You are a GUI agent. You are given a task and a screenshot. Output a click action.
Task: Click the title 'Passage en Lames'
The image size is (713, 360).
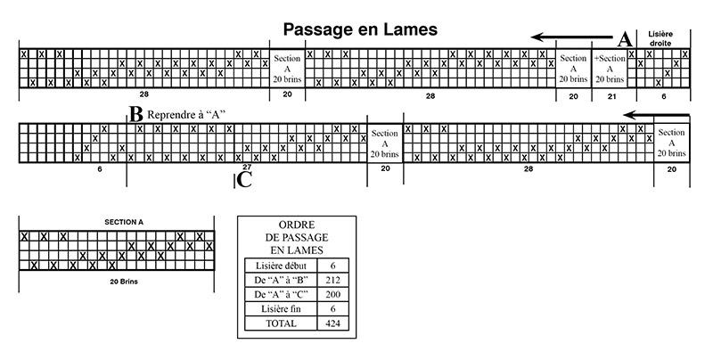pos(360,29)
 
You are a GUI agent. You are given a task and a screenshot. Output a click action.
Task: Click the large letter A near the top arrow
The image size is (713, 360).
pos(626,39)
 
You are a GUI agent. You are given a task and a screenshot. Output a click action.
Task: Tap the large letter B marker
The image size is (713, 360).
pos(136,115)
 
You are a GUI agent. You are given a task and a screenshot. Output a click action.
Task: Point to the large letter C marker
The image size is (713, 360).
pos(244,180)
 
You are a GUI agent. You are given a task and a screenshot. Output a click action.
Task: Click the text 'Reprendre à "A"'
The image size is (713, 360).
pos(186,115)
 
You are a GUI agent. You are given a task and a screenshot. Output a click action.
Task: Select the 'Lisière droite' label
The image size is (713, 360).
pos(660,38)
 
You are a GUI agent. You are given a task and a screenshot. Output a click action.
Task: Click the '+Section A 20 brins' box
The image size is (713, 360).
pos(610,69)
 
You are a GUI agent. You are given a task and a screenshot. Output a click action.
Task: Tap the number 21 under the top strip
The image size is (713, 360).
pos(611,96)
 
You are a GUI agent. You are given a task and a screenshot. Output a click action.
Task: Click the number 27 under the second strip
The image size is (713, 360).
pos(247,167)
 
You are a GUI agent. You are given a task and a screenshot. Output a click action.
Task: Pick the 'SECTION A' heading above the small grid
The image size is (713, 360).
pos(124,222)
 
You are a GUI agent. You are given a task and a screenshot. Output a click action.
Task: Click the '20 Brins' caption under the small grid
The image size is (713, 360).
pos(124,282)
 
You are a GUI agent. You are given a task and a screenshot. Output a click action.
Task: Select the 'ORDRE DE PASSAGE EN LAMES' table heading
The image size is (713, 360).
pos(297,237)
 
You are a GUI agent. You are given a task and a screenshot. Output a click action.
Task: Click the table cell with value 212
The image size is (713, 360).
pos(332,280)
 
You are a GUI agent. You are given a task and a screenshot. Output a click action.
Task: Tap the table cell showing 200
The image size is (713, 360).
pos(332,295)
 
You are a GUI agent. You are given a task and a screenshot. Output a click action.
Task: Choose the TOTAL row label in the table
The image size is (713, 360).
pos(281,323)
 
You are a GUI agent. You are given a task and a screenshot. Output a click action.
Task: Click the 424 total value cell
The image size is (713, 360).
pos(332,323)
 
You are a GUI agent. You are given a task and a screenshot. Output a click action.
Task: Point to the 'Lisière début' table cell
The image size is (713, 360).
pos(281,266)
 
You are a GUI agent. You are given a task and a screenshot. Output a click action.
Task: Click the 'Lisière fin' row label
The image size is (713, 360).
pos(281,309)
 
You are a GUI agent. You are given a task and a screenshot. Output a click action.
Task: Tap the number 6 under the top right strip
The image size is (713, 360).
pos(663,96)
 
